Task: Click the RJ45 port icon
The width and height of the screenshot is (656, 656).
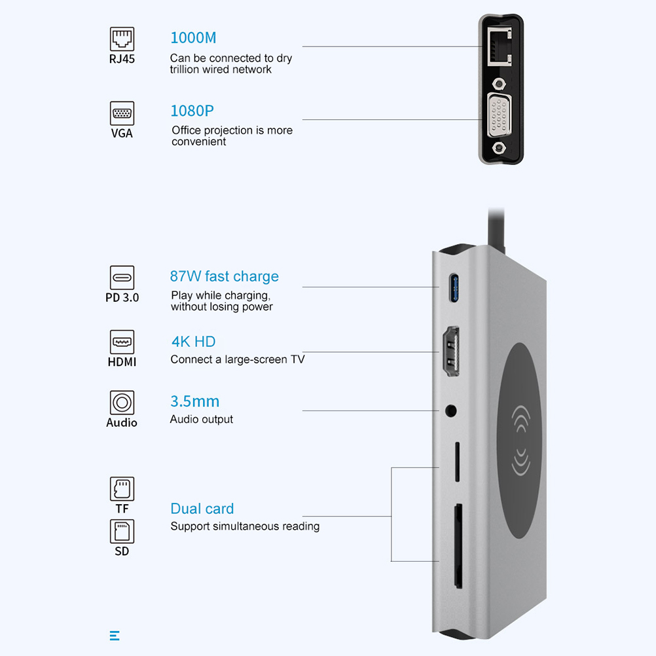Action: click(x=122, y=39)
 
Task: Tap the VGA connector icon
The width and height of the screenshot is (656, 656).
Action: click(x=122, y=114)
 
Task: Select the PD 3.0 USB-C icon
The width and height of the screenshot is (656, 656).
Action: click(x=122, y=278)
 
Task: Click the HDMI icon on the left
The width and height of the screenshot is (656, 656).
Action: click(x=122, y=342)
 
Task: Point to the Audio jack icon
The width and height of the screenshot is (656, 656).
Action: click(x=122, y=402)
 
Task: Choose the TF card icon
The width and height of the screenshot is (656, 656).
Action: click(x=122, y=488)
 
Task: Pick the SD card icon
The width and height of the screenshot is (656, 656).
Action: click(x=122, y=531)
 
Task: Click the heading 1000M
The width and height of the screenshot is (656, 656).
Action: click(x=193, y=37)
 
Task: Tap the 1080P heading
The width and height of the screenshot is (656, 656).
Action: click(x=192, y=111)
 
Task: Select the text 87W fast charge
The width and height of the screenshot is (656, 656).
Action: click(x=224, y=276)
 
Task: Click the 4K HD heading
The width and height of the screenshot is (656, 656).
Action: click(x=192, y=341)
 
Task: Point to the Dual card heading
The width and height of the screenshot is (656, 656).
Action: click(x=202, y=509)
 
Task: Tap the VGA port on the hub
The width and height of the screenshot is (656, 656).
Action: click(x=499, y=119)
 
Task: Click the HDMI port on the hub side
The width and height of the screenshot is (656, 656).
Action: click(x=451, y=352)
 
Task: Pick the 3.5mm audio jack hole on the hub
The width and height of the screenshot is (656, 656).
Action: click(x=450, y=410)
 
